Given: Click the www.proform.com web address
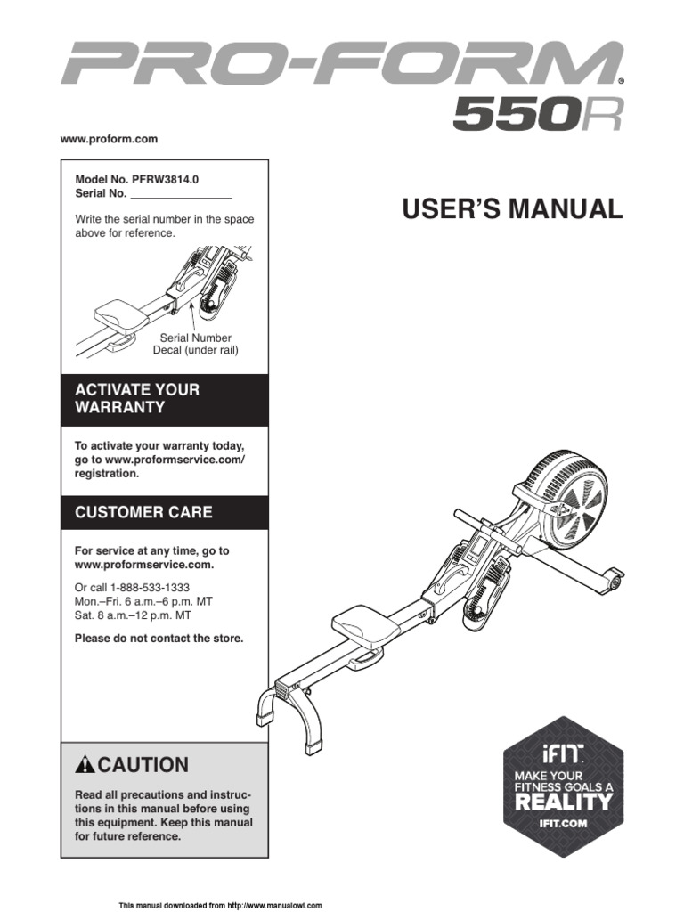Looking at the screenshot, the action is pyautogui.click(x=109, y=139).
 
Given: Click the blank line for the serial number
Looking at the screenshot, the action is pyautogui.click(x=181, y=193).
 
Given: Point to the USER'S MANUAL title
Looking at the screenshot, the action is pyautogui.click(x=512, y=209).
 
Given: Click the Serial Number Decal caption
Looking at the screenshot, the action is pyautogui.click(x=196, y=345).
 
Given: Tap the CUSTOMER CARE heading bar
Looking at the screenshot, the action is pyautogui.click(x=164, y=512).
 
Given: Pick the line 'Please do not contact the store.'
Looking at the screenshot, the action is pyautogui.click(x=159, y=638).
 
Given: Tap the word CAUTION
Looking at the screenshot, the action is pyautogui.click(x=143, y=765).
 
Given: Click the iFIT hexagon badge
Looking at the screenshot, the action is pyautogui.click(x=562, y=784).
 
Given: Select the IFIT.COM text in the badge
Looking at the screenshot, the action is pyautogui.click(x=563, y=823).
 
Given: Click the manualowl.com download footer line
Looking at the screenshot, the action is pyautogui.click(x=220, y=905).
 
